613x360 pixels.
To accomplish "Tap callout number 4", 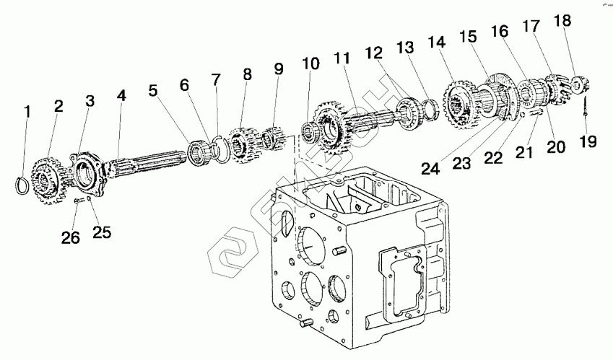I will tap(121, 95).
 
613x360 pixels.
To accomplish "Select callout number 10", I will tap(310, 63).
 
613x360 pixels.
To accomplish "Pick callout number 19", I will tap(588, 141).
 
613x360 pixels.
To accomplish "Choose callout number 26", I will tap(70, 238).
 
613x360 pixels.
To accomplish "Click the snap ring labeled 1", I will tap(25, 184).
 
